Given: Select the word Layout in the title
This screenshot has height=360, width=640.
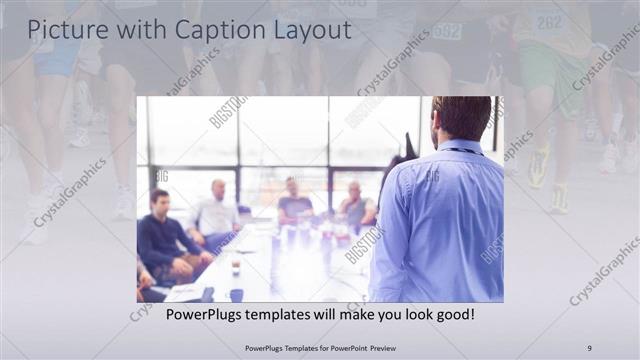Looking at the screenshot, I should point(311,31).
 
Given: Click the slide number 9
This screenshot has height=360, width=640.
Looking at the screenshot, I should point(589,347).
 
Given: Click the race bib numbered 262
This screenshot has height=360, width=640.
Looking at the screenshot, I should point(549,21).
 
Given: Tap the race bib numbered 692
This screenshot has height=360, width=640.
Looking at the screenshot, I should point(447,31).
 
